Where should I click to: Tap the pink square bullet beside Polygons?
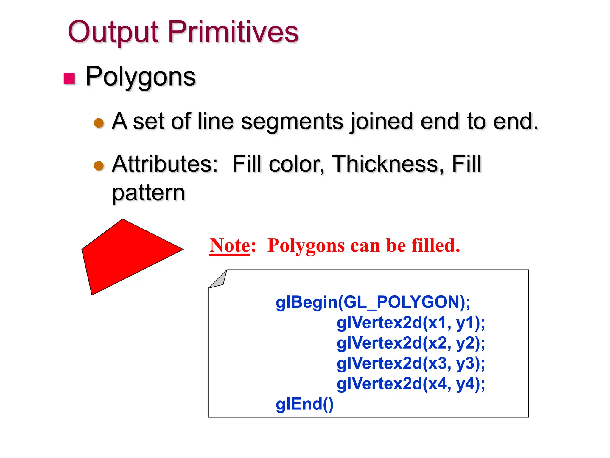(x=69, y=79)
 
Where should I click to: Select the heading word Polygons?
(x=141, y=77)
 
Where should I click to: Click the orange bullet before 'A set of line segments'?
(x=99, y=123)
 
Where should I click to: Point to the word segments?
(x=292, y=122)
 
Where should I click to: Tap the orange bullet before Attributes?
(x=99, y=165)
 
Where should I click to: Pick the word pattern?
(x=149, y=193)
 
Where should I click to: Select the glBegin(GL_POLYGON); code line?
(x=373, y=302)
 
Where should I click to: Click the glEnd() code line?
(x=304, y=404)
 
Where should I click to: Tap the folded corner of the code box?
(x=219, y=280)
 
